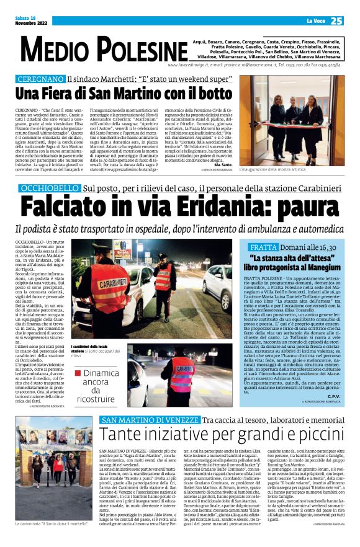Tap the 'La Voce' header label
(315, 21)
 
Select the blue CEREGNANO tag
(40, 80)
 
